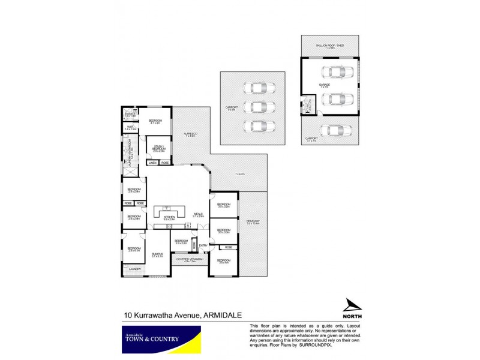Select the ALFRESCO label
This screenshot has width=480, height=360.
coord(191,134)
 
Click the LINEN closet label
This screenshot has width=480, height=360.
coord(152,163)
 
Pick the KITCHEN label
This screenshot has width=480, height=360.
coord(169,217)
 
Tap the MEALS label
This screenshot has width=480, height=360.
coord(199,214)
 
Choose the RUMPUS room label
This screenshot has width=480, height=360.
coord(157,254)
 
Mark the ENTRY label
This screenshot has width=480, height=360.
coord(203,245)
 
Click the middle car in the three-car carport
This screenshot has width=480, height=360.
coord(256,107)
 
